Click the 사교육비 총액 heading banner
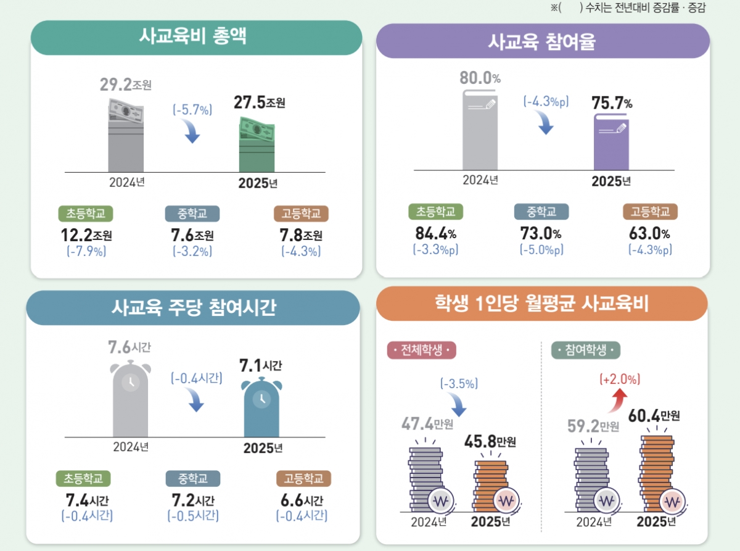coord(196,37)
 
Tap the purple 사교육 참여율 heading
coord(542,41)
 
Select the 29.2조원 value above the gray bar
coord(126,85)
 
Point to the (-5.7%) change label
coord(192,110)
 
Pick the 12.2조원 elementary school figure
coord(86,235)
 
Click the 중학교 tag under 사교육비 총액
coord(192,213)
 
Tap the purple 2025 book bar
coord(611,142)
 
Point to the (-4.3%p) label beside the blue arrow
coord(546,101)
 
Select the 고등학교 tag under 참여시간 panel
coord(303,479)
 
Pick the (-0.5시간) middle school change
coord(192,515)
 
